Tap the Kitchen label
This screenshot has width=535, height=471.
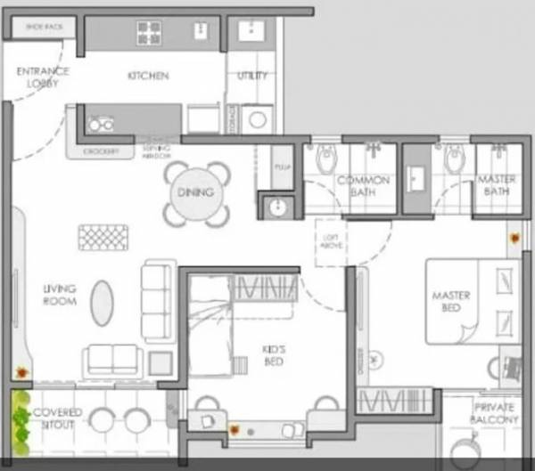tap(148, 76)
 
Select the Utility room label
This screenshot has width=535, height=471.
tap(251, 76)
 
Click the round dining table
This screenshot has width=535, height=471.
tap(196, 192)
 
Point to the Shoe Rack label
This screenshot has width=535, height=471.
tap(45, 28)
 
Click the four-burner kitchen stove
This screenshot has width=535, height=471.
tap(149, 33)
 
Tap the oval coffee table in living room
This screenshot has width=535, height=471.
tap(103, 303)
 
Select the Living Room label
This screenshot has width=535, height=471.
tap(60, 295)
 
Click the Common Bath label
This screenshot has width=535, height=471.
tap(363, 186)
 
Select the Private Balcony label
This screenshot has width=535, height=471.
tap(494, 413)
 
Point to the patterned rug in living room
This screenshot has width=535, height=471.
tap(103, 237)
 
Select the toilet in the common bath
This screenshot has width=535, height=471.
tap(325, 158)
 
